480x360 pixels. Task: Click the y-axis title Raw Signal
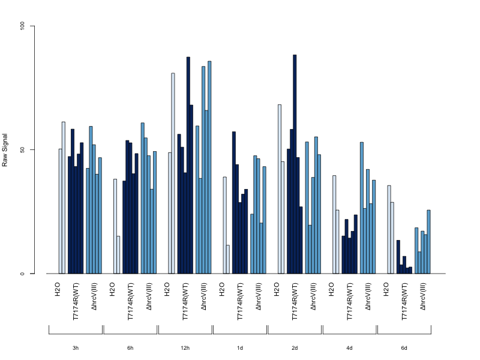(x=5, y=150)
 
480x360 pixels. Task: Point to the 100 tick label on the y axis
(x=22, y=26)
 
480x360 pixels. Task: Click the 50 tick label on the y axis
(x=22, y=149)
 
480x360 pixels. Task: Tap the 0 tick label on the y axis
(x=22, y=274)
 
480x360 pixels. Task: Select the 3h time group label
(x=76, y=348)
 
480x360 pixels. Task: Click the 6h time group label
(x=130, y=348)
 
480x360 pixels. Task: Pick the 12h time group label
(x=185, y=348)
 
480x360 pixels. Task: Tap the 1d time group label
(x=239, y=348)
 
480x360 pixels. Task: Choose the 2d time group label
(x=295, y=348)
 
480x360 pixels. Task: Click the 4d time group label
(x=349, y=348)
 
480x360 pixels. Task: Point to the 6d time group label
(x=404, y=348)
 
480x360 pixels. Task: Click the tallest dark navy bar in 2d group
(x=295, y=164)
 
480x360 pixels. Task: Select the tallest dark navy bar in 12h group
(x=188, y=166)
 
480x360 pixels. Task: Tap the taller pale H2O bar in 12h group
(x=173, y=173)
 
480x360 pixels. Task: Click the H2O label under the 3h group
(x=58, y=290)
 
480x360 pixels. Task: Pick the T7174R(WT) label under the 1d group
(x=240, y=302)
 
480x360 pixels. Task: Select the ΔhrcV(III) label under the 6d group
(x=423, y=296)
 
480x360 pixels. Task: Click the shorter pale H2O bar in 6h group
(x=118, y=254)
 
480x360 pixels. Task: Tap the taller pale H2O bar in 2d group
(x=280, y=189)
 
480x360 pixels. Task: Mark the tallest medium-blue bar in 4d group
(x=362, y=208)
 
